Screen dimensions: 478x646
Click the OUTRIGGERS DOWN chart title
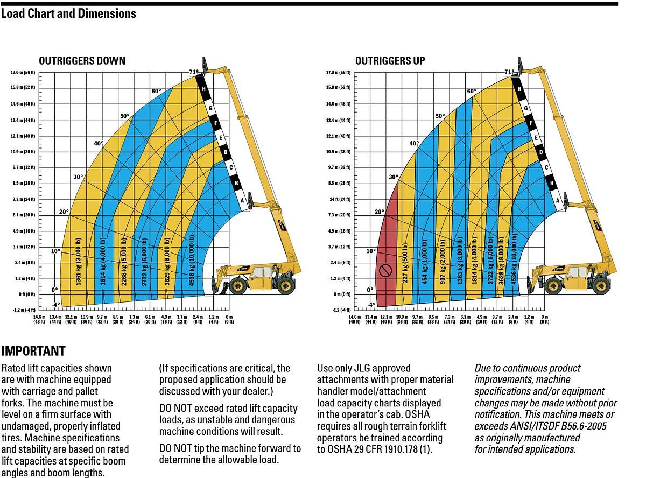pos(82,60)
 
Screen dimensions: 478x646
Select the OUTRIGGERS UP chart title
pos(390,60)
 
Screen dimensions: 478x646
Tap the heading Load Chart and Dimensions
pos(68,13)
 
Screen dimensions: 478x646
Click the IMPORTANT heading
pos(33,352)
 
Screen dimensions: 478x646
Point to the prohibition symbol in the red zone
pos(384,270)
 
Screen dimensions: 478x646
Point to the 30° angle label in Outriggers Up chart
pos(394,177)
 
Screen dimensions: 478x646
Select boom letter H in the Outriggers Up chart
pos(519,89)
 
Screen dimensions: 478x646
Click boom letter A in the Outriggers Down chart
pos(242,201)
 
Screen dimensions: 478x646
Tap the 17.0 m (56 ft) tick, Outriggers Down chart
pos(23,72)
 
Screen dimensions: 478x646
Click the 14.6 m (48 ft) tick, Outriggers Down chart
pos(23,103)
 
